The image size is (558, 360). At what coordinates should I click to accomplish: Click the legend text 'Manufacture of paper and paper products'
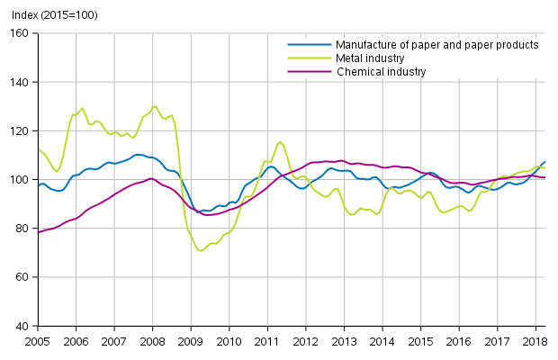[436, 45]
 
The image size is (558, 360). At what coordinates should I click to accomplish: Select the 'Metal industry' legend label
[370, 58]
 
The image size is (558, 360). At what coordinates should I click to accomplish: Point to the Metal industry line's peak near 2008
[155, 106]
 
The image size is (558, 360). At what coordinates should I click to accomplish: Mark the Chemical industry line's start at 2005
[38, 232]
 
